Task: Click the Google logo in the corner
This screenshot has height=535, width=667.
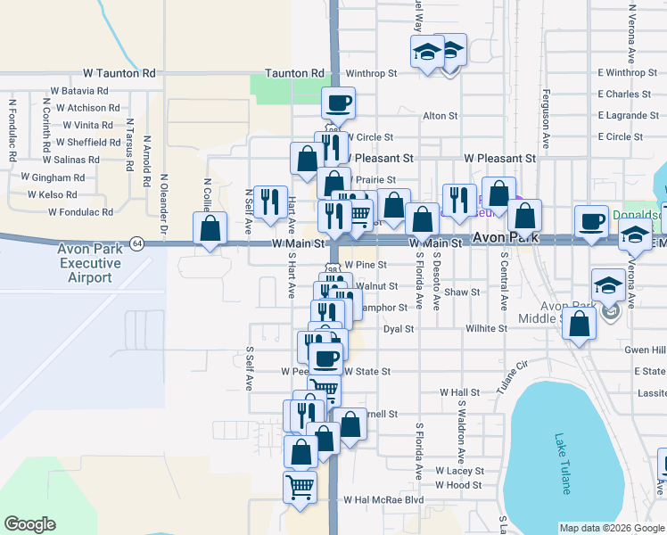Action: [29, 524]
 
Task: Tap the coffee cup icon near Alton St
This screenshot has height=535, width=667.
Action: [339, 103]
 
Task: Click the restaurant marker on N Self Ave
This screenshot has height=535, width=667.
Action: [268, 202]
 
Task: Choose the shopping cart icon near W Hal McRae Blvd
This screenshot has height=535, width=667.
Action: [301, 488]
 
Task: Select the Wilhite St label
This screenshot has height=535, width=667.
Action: [486, 329]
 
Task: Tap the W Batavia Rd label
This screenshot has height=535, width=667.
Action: [79, 91]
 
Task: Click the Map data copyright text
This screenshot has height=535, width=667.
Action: [612, 528]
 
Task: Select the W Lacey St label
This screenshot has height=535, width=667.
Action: [459, 471]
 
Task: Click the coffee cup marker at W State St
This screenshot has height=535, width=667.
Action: [326, 358]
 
